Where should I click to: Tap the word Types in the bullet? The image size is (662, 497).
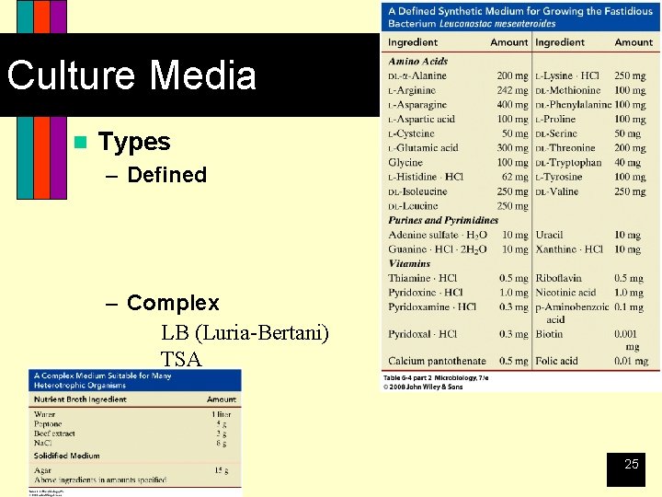click(x=134, y=142)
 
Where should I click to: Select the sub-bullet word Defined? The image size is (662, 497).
click(x=166, y=175)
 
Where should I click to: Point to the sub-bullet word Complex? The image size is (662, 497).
click(x=173, y=303)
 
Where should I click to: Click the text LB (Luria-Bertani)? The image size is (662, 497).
click(x=245, y=332)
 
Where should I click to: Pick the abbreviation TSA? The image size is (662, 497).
click(x=181, y=359)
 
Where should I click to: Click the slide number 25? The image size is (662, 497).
click(x=631, y=464)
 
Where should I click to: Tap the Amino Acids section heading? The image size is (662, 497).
click(x=417, y=62)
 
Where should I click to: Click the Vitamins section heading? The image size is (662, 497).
click(x=409, y=263)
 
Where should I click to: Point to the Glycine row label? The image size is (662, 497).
click(x=405, y=163)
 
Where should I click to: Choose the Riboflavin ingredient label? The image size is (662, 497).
click(x=558, y=278)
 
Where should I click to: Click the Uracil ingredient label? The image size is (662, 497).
click(x=549, y=235)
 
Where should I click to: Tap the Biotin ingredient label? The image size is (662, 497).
click(x=549, y=334)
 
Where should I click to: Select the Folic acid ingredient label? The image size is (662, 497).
click(x=557, y=361)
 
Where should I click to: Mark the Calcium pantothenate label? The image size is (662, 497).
click(x=437, y=361)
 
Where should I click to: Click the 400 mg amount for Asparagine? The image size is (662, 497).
click(x=512, y=105)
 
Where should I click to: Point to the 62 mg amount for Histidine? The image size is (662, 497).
click(x=515, y=177)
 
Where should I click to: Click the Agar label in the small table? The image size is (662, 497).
click(x=42, y=470)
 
